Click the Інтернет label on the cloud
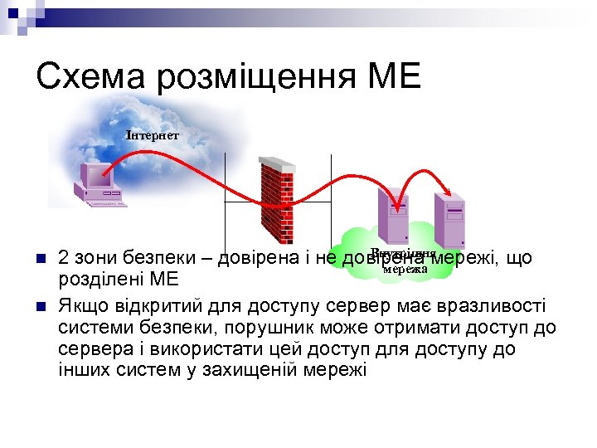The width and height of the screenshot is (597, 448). click(152, 134)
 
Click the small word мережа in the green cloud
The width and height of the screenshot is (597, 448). click(405, 269)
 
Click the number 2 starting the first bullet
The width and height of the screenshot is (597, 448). click(64, 258)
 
